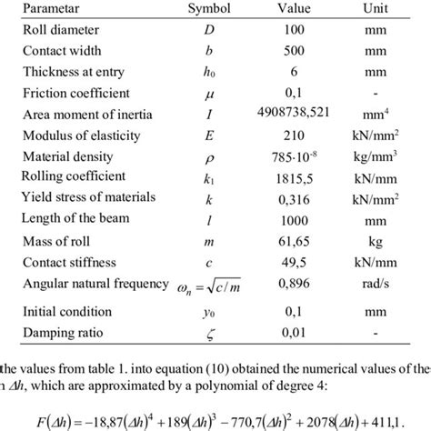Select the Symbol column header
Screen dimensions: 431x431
(210, 7)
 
